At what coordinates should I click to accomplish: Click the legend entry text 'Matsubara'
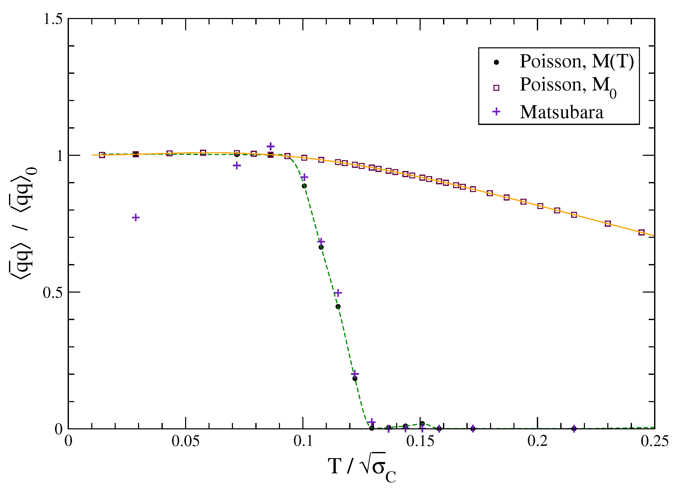[x=562, y=112]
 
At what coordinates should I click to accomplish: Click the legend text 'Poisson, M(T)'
[x=577, y=61]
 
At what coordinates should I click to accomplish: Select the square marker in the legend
[x=496, y=88]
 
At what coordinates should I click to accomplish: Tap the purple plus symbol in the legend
[x=496, y=112]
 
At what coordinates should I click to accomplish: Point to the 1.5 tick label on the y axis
[x=53, y=19]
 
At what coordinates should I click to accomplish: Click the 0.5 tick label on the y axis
[x=53, y=292]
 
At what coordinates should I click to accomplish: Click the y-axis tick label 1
[x=60, y=156]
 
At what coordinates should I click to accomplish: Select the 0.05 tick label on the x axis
[x=185, y=441]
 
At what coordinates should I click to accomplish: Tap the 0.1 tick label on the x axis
[x=303, y=441]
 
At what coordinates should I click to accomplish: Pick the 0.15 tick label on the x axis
[x=420, y=441]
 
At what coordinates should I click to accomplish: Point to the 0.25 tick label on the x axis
[x=654, y=441]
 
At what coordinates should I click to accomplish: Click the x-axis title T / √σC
[x=362, y=467]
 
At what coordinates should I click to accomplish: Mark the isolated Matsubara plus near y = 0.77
[x=136, y=217]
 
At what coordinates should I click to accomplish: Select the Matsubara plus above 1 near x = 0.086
[x=270, y=147]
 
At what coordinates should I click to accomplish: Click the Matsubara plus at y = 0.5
[x=338, y=293]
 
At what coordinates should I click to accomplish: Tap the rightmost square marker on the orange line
[x=641, y=232]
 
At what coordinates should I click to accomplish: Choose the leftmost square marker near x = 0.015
[x=102, y=155]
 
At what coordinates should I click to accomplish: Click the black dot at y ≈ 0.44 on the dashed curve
[x=338, y=307]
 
